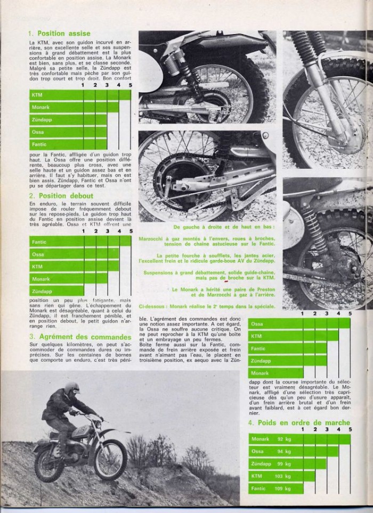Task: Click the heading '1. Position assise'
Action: click(x=59, y=34)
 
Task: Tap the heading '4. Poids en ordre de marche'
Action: click(x=298, y=422)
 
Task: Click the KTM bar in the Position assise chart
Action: click(x=80, y=95)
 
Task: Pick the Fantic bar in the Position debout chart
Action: click(x=80, y=242)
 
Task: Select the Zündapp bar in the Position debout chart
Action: click(x=56, y=290)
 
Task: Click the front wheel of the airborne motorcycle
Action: click(x=110, y=459)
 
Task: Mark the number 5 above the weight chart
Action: click(x=350, y=429)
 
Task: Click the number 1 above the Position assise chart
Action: click(x=83, y=85)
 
